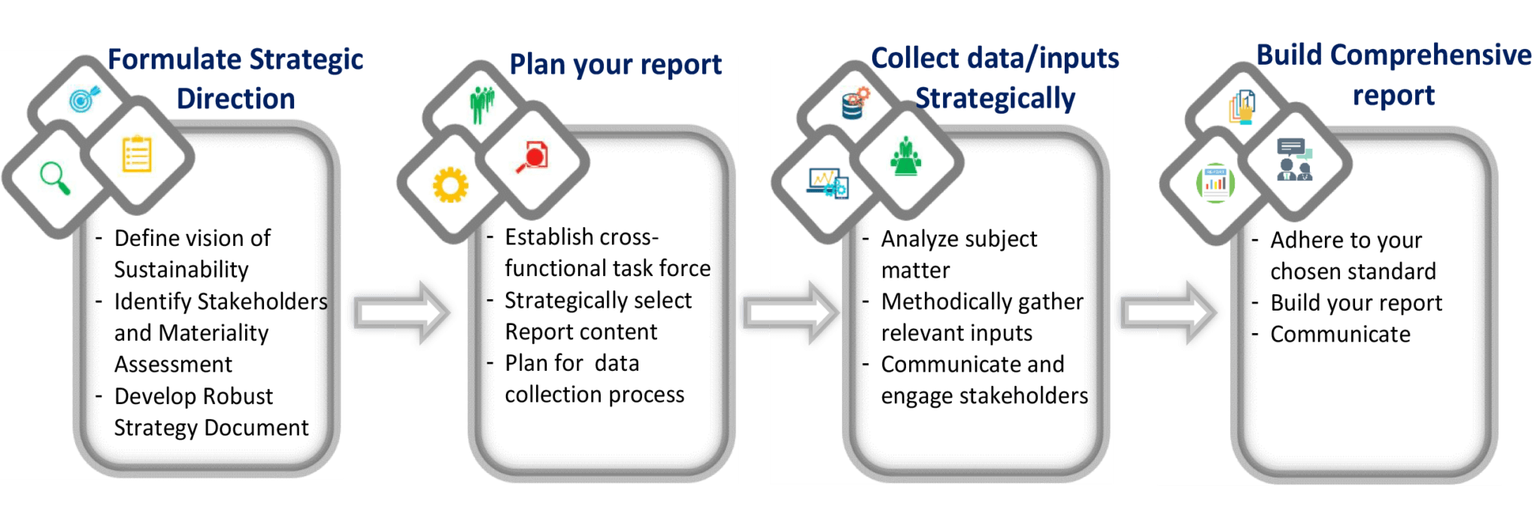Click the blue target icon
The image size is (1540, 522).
pos(83,99)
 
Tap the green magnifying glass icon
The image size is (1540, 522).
pos(55,178)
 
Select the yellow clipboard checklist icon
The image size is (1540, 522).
pos(137,154)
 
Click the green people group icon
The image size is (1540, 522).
pos(482,105)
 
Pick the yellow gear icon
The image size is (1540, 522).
pos(450,185)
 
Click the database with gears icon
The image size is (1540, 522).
pos(855,103)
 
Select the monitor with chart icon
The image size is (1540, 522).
pos(828,183)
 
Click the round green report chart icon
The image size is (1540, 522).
pos(1215,183)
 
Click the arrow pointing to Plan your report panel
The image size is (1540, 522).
pos(401,313)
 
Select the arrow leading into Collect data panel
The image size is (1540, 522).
pos(790,313)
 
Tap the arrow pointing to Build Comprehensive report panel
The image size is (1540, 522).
pos(1168,313)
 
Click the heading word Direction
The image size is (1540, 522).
pos(235,99)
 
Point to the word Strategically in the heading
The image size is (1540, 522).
pos(995,99)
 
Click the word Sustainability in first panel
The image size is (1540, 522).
pos(181,269)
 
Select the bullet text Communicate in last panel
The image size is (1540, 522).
pos(1340,334)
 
